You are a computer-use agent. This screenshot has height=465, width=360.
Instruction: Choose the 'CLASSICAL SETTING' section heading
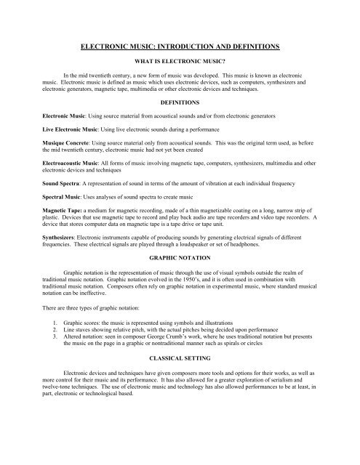tap(180, 379)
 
